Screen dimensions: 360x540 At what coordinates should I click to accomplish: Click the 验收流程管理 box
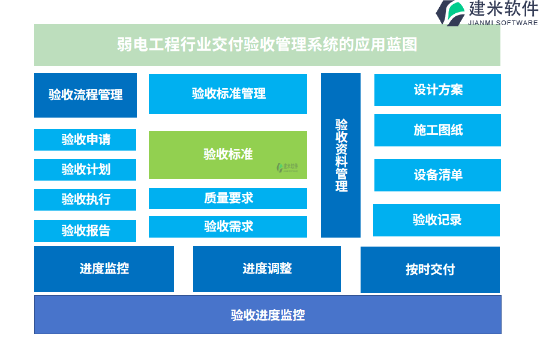point(85,95)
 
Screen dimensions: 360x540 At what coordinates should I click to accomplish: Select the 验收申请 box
point(85,140)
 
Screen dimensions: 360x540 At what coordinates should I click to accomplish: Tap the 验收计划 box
point(85,170)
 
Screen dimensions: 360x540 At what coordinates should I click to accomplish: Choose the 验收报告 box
point(85,231)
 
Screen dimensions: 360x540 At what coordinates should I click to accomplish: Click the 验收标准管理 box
point(228,94)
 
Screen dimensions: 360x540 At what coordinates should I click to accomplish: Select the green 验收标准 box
point(228,155)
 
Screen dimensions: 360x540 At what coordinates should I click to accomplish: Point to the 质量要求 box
point(228,198)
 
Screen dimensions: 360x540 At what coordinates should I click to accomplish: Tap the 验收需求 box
point(228,227)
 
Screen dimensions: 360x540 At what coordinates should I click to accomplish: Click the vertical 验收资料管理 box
point(341,155)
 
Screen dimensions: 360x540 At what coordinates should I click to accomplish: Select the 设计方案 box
point(437,90)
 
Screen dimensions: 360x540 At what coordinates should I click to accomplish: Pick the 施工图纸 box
point(437,130)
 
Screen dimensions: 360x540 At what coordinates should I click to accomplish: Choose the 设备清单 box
point(437,175)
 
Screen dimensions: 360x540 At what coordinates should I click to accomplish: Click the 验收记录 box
point(436,220)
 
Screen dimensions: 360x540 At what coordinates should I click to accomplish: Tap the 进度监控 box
point(104,269)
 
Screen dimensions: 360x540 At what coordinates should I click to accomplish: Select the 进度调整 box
point(267,269)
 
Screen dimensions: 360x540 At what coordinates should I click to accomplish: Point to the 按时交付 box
point(430,269)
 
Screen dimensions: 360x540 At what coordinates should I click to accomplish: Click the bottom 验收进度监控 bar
point(268,315)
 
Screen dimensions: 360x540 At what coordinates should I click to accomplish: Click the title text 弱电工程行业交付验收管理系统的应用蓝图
point(267,45)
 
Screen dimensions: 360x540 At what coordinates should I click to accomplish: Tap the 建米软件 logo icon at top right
point(451,13)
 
